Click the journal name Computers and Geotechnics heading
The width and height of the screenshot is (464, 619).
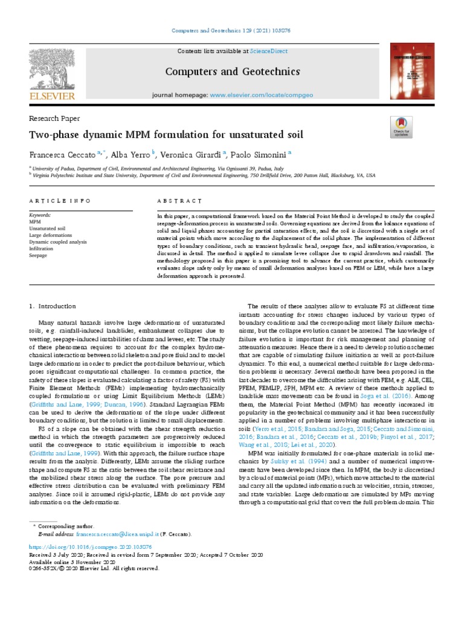click(232, 73)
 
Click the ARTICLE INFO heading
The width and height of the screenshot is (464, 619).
click(60, 200)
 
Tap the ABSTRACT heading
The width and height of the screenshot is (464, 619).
click(179, 200)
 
